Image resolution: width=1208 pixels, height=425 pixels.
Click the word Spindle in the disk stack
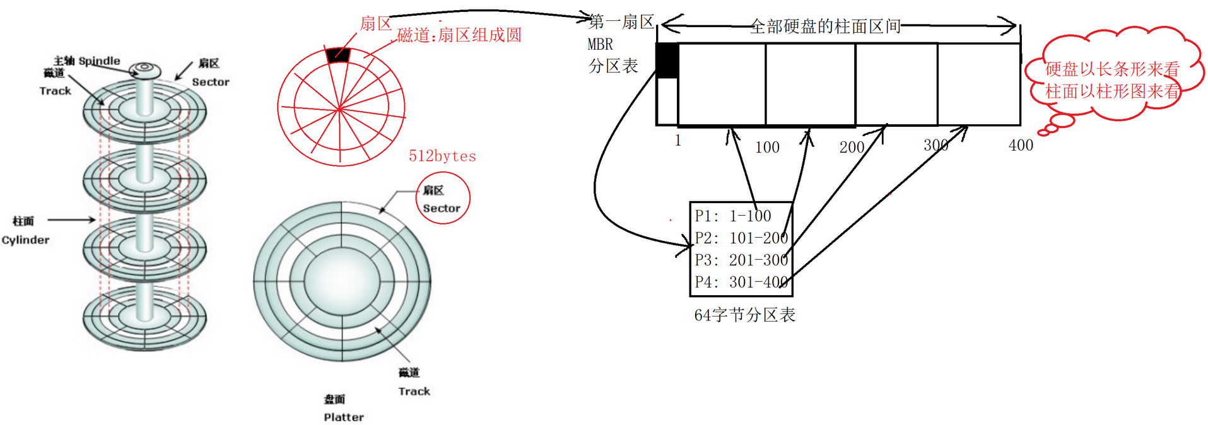[x=99, y=61]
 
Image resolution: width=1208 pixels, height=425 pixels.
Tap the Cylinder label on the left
[x=25, y=240]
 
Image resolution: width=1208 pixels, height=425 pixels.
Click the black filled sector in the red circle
[x=337, y=54]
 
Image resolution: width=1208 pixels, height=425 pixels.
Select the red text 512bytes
[x=442, y=156]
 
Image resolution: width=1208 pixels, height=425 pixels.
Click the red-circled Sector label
[x=442, y=208]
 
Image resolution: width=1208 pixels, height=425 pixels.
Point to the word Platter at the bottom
[x=344, y=417]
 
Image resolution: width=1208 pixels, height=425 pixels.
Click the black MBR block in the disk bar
[x=667, y=61]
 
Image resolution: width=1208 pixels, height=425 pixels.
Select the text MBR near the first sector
[x=600, y=45]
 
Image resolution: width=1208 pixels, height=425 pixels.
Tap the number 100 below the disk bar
[x=767, y=148]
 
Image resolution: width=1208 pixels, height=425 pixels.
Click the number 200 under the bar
[x=851, y=148]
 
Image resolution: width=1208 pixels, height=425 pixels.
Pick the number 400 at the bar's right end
[x=1021, y=146]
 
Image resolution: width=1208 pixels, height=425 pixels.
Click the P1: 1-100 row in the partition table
[x=733, y=216]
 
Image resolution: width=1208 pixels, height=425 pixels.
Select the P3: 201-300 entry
[x=741, y=260]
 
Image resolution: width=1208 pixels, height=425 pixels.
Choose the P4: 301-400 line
[x=741, y=282]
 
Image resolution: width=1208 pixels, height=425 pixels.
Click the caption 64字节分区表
[x=744, y=315]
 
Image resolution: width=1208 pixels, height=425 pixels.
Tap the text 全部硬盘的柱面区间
[x=824, y=26]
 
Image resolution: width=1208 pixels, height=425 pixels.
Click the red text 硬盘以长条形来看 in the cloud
[x=1111, y=69]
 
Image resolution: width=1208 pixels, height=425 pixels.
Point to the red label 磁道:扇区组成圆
[x=459, y=35]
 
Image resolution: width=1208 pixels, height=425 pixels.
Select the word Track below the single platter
[x=414, y=392]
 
